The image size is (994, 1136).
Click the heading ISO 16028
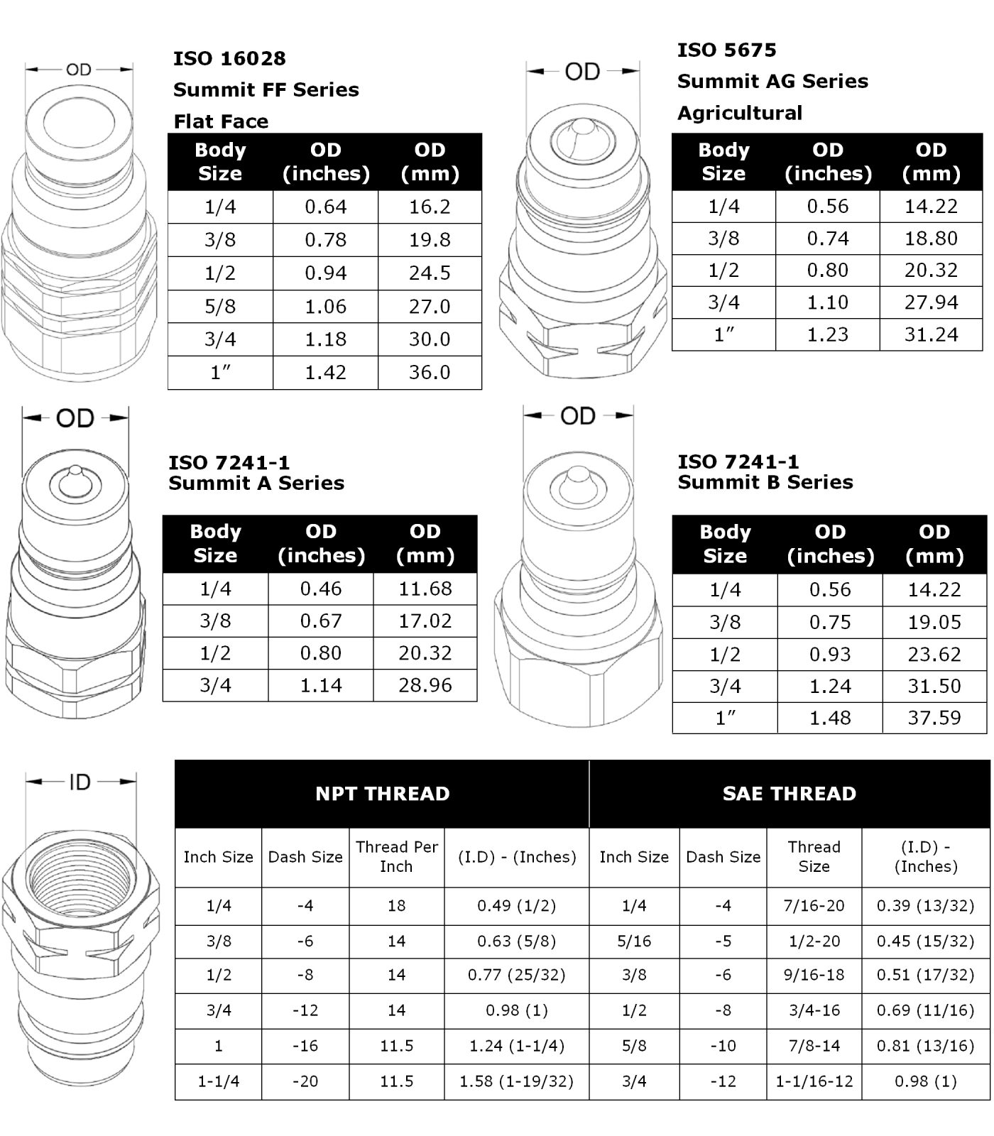coord(229,58)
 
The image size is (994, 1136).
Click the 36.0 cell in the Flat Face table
coord(430,372)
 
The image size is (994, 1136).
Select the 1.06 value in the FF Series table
coord(326,306)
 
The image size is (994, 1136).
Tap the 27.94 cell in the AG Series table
coord(931,302)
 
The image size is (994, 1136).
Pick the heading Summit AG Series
coord(772,81)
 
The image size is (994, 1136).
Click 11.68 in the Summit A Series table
coord(425,589)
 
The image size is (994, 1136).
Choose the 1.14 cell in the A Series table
coord(321,685)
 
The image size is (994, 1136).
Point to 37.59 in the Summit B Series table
coord(934,717)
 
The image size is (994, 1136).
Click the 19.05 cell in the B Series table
coord(934,622)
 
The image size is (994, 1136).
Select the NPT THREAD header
coord(382,793)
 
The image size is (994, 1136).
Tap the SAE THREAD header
coord(789,793)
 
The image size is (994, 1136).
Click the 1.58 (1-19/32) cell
coord(516,1081)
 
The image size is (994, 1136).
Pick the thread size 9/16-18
coord(814,975)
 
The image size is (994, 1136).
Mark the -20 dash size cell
coord(305,1081)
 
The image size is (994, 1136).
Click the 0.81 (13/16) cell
coord(925,1046)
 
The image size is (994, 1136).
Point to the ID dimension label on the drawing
coord(80,782)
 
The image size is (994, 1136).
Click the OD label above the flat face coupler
coord(79,70)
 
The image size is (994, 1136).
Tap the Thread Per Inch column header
coord(396,856)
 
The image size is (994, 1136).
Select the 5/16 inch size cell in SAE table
coord(633,941)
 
